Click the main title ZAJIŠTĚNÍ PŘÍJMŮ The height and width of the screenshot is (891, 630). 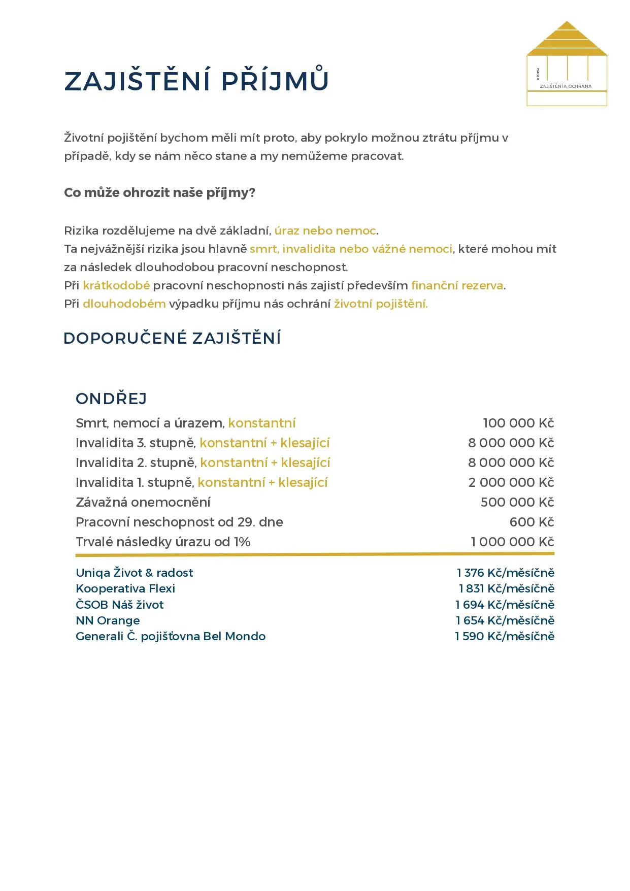coord(196,81)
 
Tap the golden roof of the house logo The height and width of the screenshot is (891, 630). coord(567,40)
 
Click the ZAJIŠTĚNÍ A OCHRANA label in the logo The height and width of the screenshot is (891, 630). coord(566,86)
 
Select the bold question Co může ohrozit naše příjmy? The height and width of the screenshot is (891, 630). coord(159,193)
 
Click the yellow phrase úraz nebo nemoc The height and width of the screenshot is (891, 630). coord(325,231)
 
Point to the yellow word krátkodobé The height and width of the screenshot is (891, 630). coord(116,286)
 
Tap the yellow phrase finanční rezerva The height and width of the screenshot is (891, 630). coord(457,286)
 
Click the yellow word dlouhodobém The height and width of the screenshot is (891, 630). coord(124,304)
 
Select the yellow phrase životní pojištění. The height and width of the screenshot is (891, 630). coord(380,304)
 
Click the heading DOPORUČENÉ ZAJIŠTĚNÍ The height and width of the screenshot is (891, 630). coord(172,339)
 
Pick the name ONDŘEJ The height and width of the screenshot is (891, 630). coord(111,399)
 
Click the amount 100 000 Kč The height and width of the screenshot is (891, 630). coord(518,423)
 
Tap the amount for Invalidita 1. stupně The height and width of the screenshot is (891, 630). coord(511,483)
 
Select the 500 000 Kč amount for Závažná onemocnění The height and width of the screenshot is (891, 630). coord(517,503)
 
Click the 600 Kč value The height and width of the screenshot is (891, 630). coord(532,522)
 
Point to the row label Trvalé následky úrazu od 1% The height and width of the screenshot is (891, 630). coord(163,542)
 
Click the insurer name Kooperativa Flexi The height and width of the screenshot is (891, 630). coord(125,589)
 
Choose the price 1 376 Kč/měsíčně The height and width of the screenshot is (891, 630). coord(505,573)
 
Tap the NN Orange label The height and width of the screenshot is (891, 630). coord(108,621)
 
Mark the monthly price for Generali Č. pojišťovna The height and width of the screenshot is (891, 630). coord(504,637)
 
